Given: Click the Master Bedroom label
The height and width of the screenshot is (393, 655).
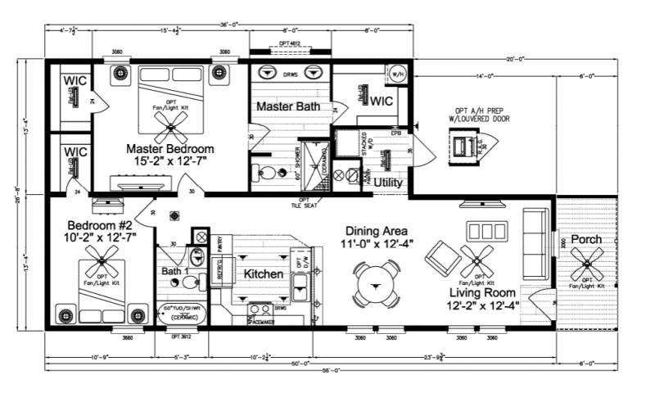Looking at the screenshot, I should pos(169,149).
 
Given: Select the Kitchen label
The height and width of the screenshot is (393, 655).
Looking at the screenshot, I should pos(263,273).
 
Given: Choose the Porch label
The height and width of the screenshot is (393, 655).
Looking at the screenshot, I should pos(586,239).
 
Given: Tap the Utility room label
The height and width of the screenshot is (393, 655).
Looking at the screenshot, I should pos(388,183).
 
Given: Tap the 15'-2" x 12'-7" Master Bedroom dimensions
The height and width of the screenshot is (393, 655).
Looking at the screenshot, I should pos(169,162).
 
